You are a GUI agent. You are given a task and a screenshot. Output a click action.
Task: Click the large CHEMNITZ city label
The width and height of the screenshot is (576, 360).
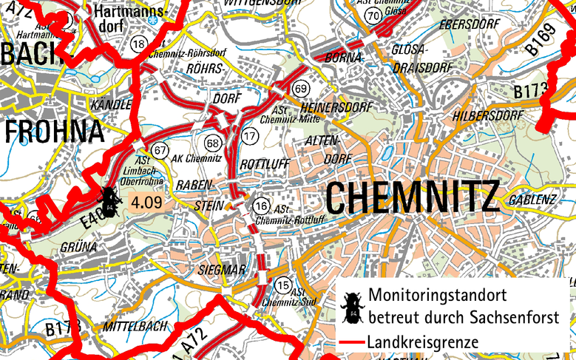click(412, 197)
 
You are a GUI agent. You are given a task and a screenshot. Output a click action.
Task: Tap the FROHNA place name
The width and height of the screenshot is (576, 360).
click(55, 132)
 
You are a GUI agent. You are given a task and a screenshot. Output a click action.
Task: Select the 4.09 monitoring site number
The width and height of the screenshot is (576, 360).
click(146, 200)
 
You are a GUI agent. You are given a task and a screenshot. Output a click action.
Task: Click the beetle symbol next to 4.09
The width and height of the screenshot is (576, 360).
click(109, 199)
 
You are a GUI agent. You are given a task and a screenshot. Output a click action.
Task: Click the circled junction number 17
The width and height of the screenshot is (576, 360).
click(250, 135)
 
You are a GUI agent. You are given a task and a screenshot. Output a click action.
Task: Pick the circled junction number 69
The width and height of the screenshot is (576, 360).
click(300, 89)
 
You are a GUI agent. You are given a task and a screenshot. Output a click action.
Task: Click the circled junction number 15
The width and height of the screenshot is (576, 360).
click(282, 285)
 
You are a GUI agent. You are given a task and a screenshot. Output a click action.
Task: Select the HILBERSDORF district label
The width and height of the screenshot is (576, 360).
click(489, 116)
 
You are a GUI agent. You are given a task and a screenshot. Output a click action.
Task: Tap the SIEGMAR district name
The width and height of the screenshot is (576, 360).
click(222, 271)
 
